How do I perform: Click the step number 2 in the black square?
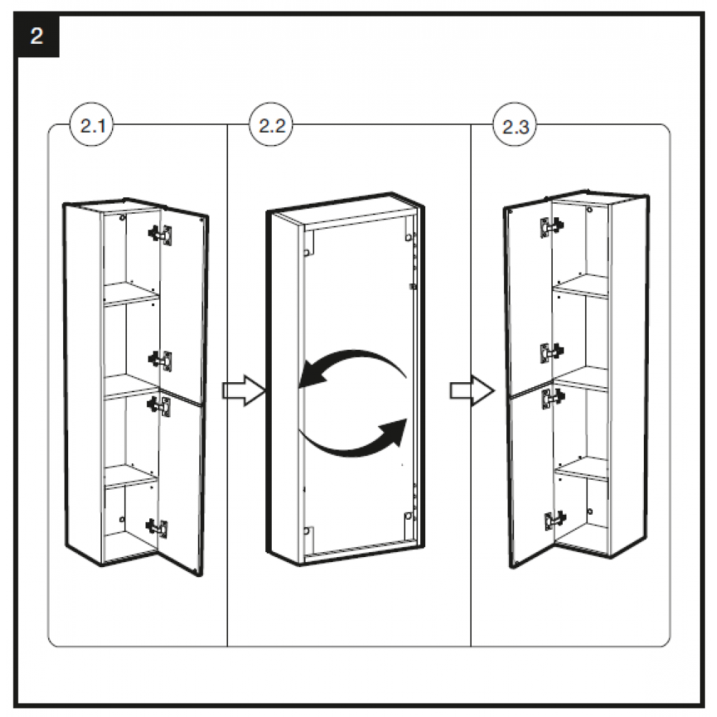[37, 37]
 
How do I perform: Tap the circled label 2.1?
[92, 128]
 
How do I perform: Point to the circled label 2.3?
[515, 128]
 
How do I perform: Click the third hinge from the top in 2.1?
[161, 405]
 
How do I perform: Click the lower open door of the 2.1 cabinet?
[181, 480]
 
